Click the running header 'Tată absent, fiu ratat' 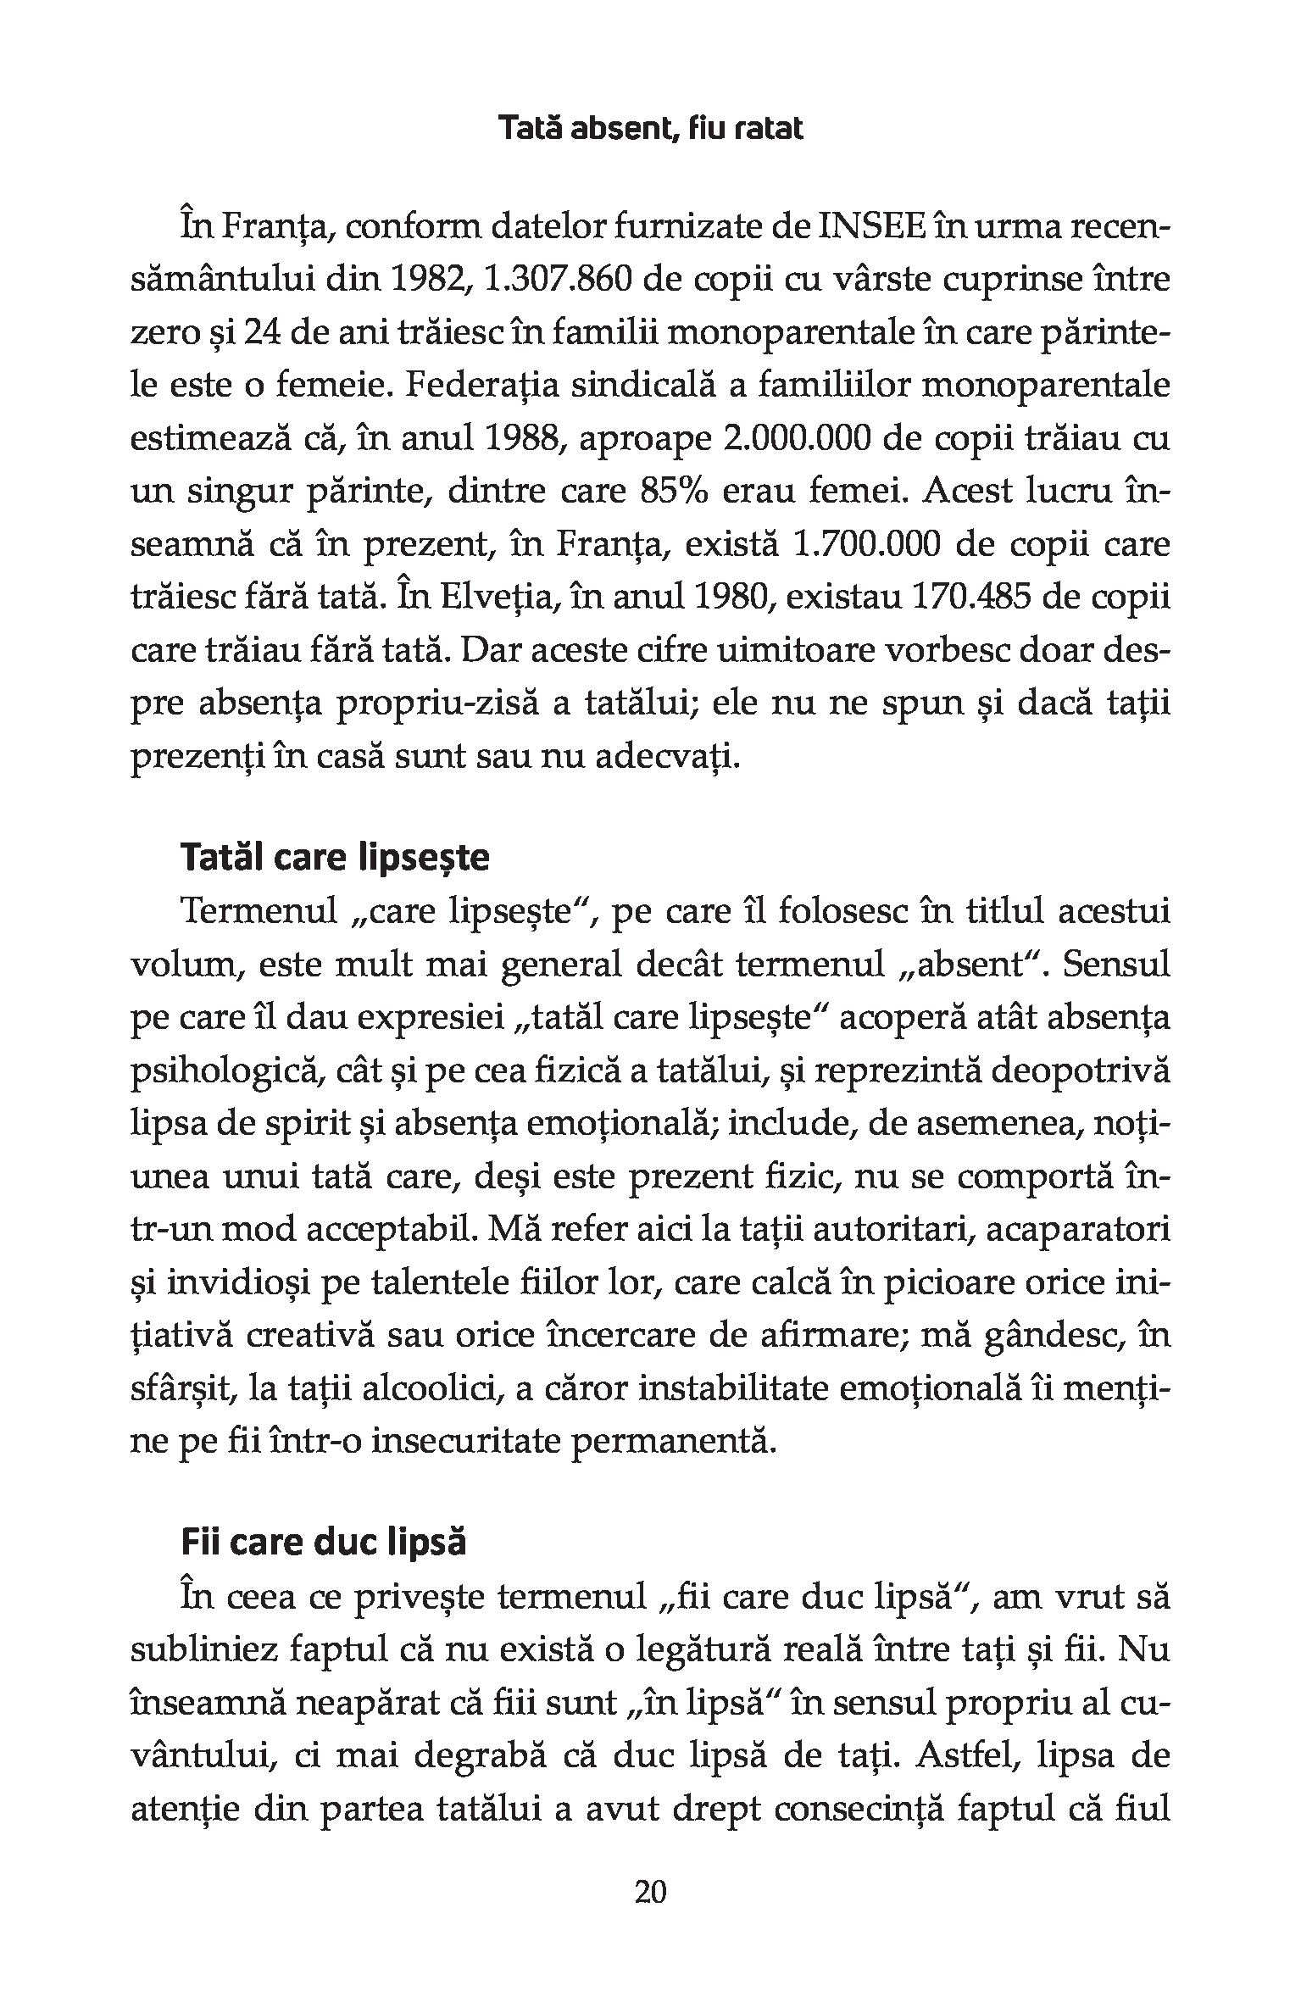(x=650, y=129)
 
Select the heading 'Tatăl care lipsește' (x=335, y=858)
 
